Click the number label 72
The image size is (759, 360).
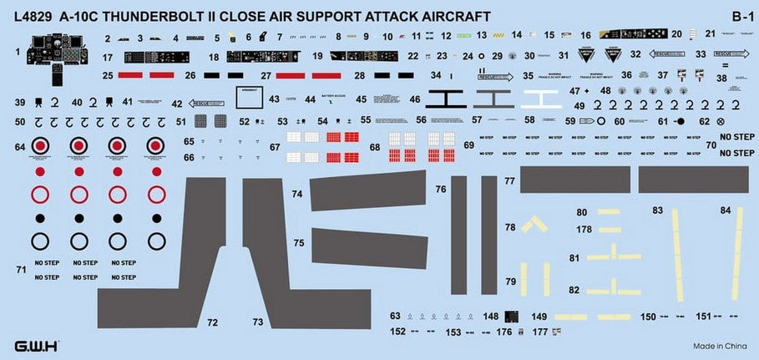coord(212,322)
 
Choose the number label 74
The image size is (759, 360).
coord(297,193)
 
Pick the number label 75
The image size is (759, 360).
coord(298,242)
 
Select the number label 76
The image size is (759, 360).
coord(441,190)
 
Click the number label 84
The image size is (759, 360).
coord(726,210)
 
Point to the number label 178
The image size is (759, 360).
coord(584,230)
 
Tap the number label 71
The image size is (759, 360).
coord(21,269)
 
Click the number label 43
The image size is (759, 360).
coord(274,99)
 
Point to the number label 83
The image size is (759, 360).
coord(658,210)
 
